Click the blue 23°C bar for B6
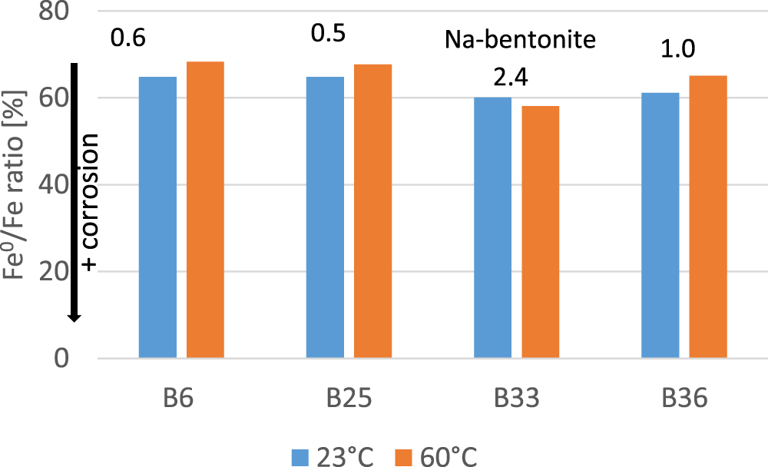point(157,217)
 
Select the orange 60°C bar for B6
point(205,210)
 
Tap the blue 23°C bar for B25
point(325,217)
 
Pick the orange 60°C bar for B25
point(372,211)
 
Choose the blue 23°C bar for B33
point(492,227)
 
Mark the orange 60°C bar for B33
point(540,232)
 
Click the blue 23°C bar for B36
point(660,225)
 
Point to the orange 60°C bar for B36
point(707,217)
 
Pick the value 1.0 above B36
point(678,49)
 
